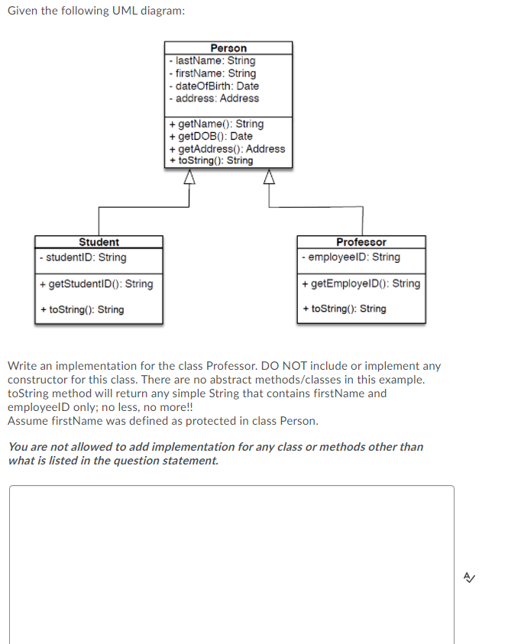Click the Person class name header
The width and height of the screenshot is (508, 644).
coord(228,48)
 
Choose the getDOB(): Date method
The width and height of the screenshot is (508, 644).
coord(210,136)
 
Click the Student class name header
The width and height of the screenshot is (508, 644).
coord(99,242)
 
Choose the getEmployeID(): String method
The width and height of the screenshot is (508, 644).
coord(361,283)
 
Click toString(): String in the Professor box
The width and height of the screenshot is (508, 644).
coord(345,309)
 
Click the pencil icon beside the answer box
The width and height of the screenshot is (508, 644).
coord(477,578)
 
